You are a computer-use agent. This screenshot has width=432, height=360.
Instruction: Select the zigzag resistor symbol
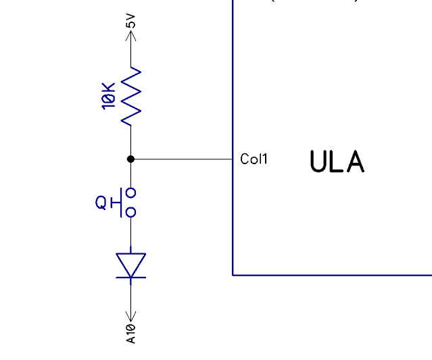(131, 95)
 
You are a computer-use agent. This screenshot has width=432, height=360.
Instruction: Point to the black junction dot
(131, 159)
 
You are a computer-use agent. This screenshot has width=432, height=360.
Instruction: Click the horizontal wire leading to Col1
(183, 159)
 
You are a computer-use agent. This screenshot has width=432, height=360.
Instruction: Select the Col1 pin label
(254, 159)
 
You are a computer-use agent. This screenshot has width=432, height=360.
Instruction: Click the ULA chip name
(337, 162)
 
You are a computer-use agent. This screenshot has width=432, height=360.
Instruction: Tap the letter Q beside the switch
(101, 202)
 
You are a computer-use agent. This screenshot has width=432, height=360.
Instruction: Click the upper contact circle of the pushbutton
(131, 192)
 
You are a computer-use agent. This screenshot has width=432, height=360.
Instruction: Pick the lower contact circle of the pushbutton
(131, 212)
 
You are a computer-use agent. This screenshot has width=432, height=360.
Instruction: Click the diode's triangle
(131, 263)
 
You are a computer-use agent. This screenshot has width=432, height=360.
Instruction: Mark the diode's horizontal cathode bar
(131, 277)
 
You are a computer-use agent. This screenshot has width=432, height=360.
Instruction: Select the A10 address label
(131, 333)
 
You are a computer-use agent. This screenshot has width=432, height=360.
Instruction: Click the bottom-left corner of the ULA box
(233, 275)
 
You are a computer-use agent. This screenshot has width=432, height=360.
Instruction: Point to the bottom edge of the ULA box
(331, 275)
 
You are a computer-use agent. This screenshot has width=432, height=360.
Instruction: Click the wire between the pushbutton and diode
(131, 234)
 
